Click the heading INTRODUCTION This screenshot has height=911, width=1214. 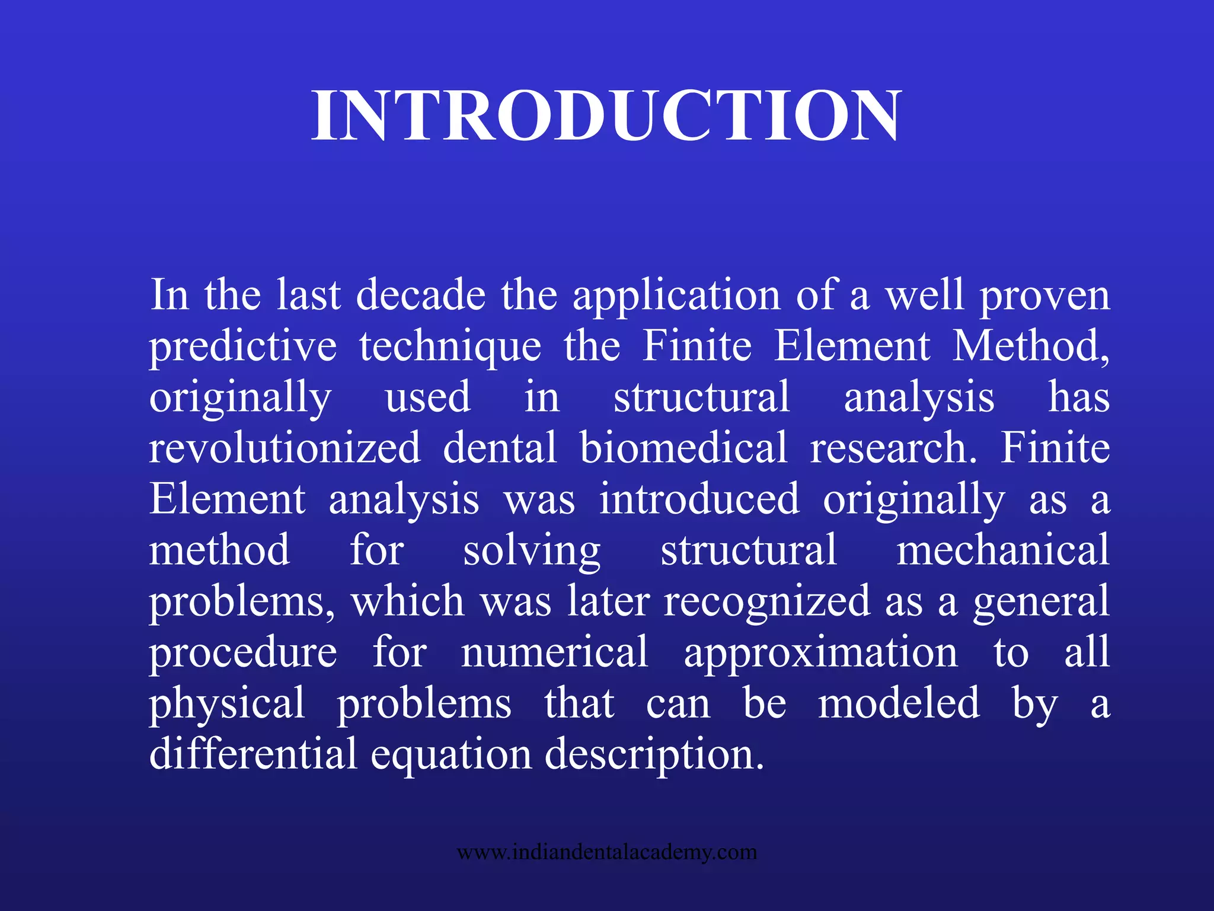(x=606, y=115)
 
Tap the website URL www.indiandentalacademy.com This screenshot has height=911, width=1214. (x=606, y=852)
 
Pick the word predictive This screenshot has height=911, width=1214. (x=243, y=347)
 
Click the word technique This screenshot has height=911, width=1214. (x=450, y=347)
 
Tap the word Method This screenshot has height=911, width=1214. (x=1031, y=346)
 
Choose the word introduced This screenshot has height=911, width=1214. (x=699, y=499)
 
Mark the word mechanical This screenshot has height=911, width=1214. (x=1002, y=550)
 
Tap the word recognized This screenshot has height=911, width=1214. (x=767, y=601)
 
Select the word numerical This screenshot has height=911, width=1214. (x=555, y=652)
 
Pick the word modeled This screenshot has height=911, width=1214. (x=899, y=703)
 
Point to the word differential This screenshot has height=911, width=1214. (x=254, y=754)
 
